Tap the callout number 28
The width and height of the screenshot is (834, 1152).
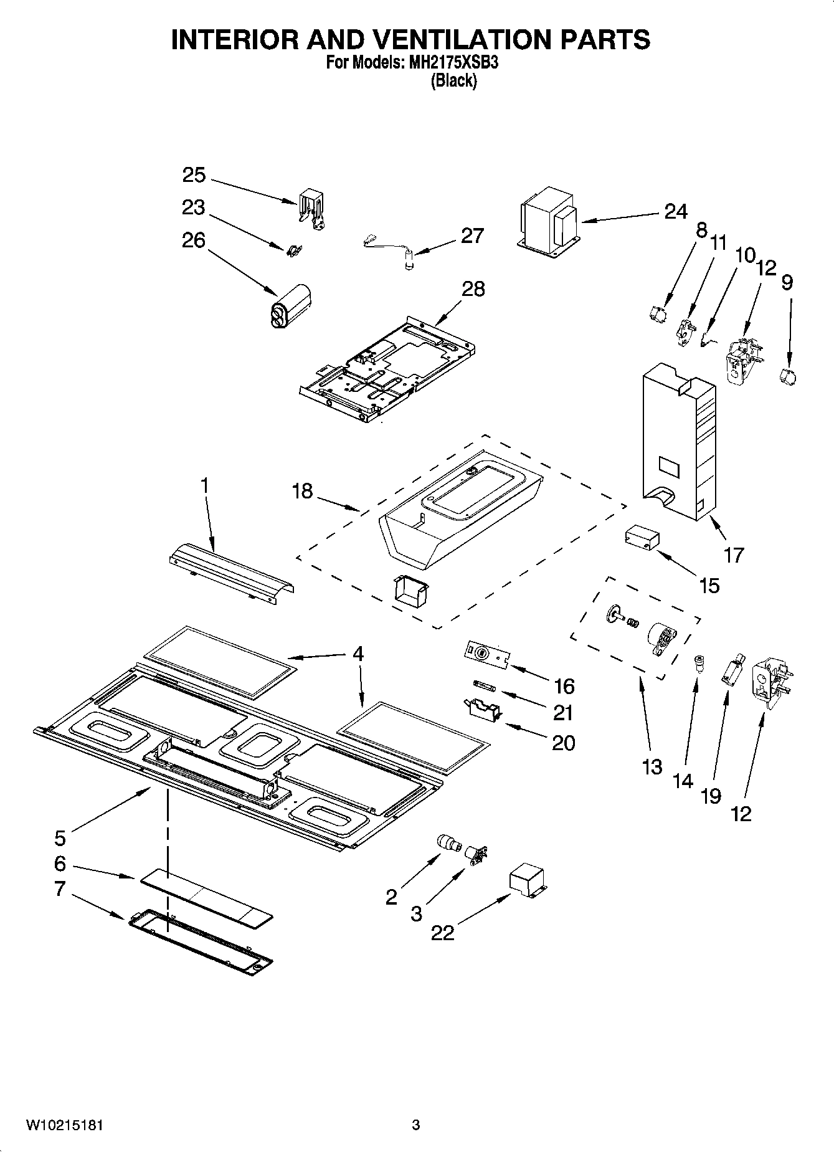[473, 289]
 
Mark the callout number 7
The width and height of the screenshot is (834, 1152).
[60, 889]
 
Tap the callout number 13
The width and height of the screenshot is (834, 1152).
[652, 767]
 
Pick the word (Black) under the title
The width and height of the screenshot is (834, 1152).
[453, 80]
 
